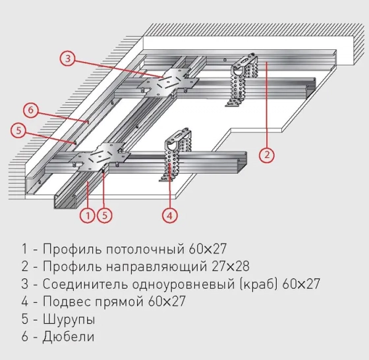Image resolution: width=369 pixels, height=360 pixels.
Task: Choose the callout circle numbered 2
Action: click(x=266, y=155)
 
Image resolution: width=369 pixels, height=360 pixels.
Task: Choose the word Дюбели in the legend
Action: click(x=68, y=337)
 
